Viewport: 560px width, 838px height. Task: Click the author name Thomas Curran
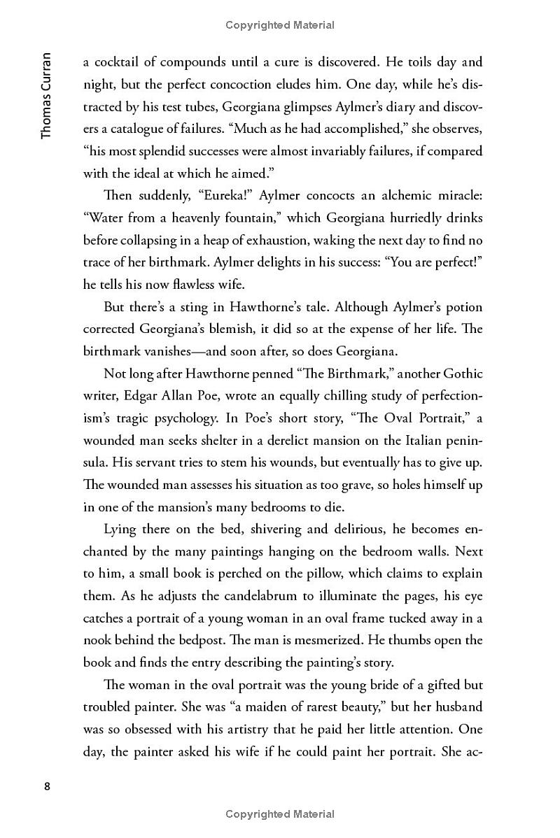pos(46,95)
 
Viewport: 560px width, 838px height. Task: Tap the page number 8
pos(47,786)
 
